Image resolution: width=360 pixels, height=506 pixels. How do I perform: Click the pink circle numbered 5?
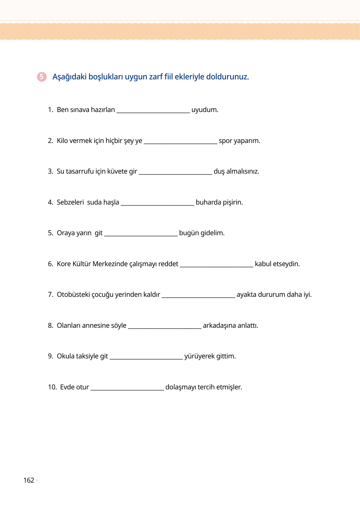point(42,77)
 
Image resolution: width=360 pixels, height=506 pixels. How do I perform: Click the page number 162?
point(29,480)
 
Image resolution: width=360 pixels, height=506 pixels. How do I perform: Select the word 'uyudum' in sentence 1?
point(205,110)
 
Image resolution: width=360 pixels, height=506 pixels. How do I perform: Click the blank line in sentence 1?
point(153,112)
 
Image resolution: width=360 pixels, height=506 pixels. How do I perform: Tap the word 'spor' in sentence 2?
point(226,141)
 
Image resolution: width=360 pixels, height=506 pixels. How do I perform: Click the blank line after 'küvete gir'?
point(175,173)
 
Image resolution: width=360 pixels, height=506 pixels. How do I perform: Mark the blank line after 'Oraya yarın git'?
point(141,235)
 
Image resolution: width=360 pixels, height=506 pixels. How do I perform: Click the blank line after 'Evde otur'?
point(127,389)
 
